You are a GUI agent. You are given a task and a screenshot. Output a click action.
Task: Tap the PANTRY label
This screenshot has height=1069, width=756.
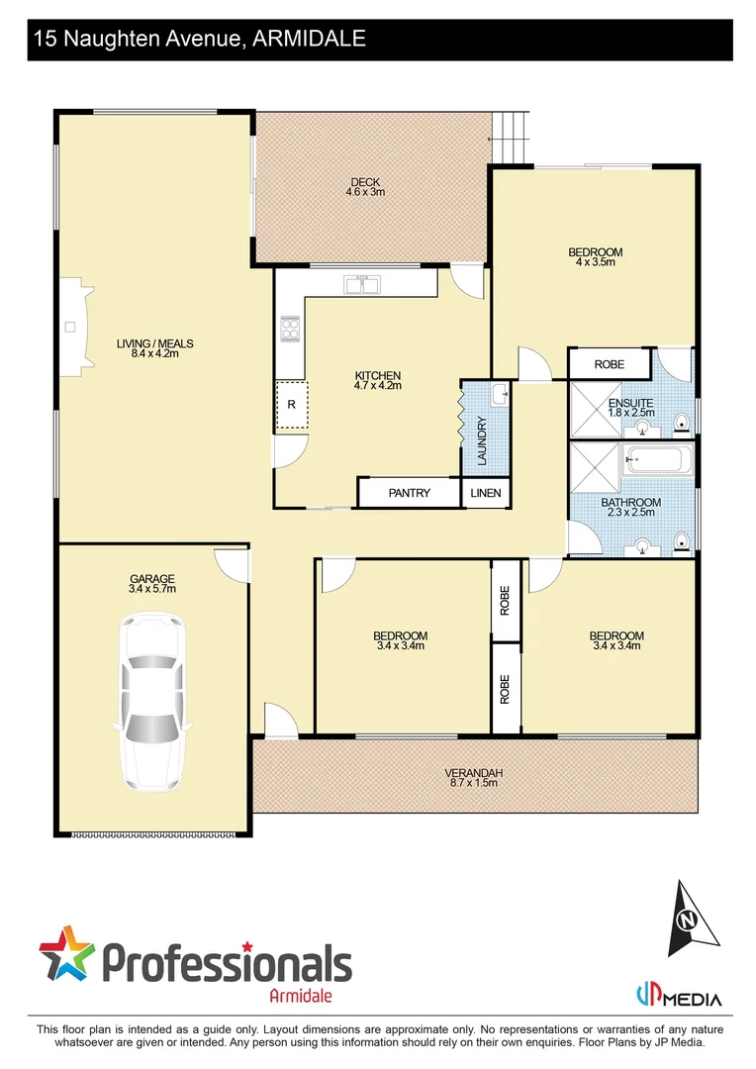tap(409, 493)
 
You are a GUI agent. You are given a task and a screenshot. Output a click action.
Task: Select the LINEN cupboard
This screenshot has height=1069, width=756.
tap(485, 493)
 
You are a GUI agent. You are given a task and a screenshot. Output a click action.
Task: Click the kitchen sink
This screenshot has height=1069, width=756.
tap(362, 286)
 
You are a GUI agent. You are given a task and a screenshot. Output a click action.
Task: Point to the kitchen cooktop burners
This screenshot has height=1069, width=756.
tap(291, 328)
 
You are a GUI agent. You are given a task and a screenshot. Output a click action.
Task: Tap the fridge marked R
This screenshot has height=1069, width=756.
tap(291, 405)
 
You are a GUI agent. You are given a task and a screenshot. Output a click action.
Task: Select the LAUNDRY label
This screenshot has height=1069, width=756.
tap(482, 440)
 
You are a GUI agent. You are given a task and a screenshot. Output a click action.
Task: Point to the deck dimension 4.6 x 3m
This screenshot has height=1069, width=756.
tap(365, 192)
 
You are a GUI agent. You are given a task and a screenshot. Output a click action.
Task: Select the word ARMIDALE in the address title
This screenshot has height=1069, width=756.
tap(310, 39)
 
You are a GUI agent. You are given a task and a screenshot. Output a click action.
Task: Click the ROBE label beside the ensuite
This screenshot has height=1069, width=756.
tap(610, 364)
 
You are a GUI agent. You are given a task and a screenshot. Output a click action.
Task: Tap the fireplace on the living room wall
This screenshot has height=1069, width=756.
tap(72, 327)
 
